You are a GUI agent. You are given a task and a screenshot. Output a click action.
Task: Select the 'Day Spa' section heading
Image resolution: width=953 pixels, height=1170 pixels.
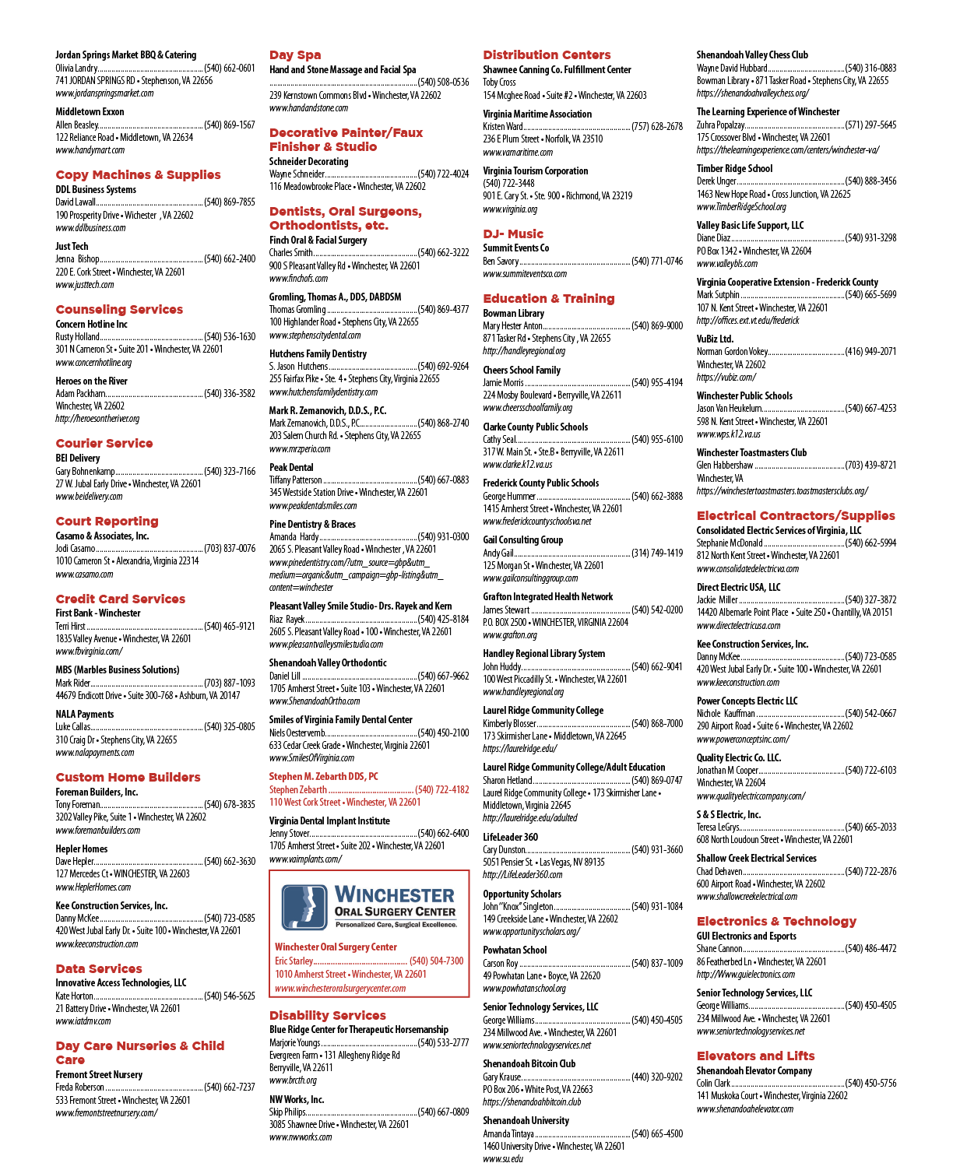click(x=295, y=55)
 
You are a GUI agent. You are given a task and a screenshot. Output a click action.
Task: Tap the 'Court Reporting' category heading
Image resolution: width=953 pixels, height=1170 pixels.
click(x=107, y=522)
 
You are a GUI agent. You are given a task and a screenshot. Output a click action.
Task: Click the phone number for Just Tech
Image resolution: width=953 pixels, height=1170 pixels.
click(x=230, y=258)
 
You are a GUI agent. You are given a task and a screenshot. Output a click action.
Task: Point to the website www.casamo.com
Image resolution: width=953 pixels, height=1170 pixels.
click(x=84, y=574)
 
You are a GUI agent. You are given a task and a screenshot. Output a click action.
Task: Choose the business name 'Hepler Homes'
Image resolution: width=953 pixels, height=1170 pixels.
click(x=81, y=849)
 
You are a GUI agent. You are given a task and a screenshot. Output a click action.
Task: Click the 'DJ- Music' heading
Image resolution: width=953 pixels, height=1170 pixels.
click(x=513, y=234)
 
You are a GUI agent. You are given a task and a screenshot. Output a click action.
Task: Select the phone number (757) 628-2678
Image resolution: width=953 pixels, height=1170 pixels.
click(x=657, y=126)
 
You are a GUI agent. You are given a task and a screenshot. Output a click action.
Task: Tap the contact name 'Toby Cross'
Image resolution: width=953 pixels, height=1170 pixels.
click(x=499, y=83)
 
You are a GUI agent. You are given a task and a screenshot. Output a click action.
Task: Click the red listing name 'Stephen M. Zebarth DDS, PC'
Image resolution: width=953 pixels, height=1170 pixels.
click(x=324, y=776)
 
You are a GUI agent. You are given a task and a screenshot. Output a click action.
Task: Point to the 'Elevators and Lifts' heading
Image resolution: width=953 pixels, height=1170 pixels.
click(x=755, y=1056)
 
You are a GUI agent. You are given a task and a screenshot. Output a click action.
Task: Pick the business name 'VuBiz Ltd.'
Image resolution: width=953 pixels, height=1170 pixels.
click(x=715, y=339)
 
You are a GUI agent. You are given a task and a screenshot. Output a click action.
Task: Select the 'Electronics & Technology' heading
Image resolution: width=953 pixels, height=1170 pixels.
click(x=776, y=921)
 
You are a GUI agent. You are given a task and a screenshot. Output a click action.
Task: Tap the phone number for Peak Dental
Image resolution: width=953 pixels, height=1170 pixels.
click(x=443, y=480)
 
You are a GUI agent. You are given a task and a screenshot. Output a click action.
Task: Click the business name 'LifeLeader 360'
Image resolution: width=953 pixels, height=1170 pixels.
click(x=510, y=837)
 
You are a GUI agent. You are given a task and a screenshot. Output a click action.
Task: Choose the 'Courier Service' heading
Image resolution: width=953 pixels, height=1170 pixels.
click(x=104, y=443)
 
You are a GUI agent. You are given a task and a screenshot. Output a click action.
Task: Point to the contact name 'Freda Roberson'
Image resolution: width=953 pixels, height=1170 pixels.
click(x=79, y=1087)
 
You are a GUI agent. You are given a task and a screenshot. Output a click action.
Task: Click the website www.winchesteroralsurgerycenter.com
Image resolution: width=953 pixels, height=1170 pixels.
click(x=340, y=988)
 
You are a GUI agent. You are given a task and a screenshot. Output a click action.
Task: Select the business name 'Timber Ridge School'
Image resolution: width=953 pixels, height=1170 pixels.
click(x=734, y=169)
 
